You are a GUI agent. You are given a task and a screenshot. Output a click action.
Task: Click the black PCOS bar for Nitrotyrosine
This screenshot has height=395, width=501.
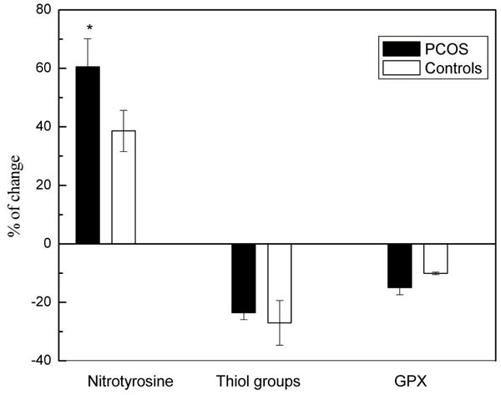(88, 155)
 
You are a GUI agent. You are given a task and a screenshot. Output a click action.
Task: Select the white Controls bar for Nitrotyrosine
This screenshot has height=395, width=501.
(124, 187)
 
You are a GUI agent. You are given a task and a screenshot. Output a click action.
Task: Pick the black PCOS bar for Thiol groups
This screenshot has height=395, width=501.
(244, 278)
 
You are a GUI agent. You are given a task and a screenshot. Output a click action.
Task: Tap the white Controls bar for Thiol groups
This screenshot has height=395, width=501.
(280, 283)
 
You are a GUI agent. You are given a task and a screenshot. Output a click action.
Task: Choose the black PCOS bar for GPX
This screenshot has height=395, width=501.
(400, 266)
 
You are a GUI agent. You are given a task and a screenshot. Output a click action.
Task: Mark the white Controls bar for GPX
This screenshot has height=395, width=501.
(436, 259)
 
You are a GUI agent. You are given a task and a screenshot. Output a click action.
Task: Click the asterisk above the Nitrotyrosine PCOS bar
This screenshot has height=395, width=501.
(89, 28)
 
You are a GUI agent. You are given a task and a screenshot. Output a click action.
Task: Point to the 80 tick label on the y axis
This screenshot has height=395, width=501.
(43, 10)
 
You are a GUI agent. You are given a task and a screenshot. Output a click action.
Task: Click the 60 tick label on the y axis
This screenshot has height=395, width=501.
(43, 68)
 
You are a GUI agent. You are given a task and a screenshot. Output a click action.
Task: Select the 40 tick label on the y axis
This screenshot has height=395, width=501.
(43, 127)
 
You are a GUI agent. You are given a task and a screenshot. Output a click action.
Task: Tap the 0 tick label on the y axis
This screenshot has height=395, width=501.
(48, 244)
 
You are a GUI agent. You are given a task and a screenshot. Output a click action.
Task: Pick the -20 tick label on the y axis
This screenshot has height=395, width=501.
(41, 302)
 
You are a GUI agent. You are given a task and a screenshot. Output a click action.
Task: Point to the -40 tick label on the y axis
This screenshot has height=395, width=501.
(41, 360)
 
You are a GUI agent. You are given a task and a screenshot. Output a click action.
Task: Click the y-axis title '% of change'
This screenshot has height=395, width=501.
(15, 196)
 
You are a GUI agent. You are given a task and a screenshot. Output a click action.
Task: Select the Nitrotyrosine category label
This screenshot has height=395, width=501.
(130, 382)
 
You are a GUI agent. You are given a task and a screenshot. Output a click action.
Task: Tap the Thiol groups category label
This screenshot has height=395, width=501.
(258, 382)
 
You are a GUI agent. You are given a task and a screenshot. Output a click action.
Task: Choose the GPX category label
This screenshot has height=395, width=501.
(411, 382)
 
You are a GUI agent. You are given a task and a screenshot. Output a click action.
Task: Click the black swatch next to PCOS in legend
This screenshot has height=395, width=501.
(402, 49)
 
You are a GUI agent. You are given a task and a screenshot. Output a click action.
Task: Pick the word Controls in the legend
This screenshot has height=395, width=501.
(453, 68)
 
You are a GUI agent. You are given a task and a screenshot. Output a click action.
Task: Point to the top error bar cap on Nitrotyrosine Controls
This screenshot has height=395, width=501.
(124, 110)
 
